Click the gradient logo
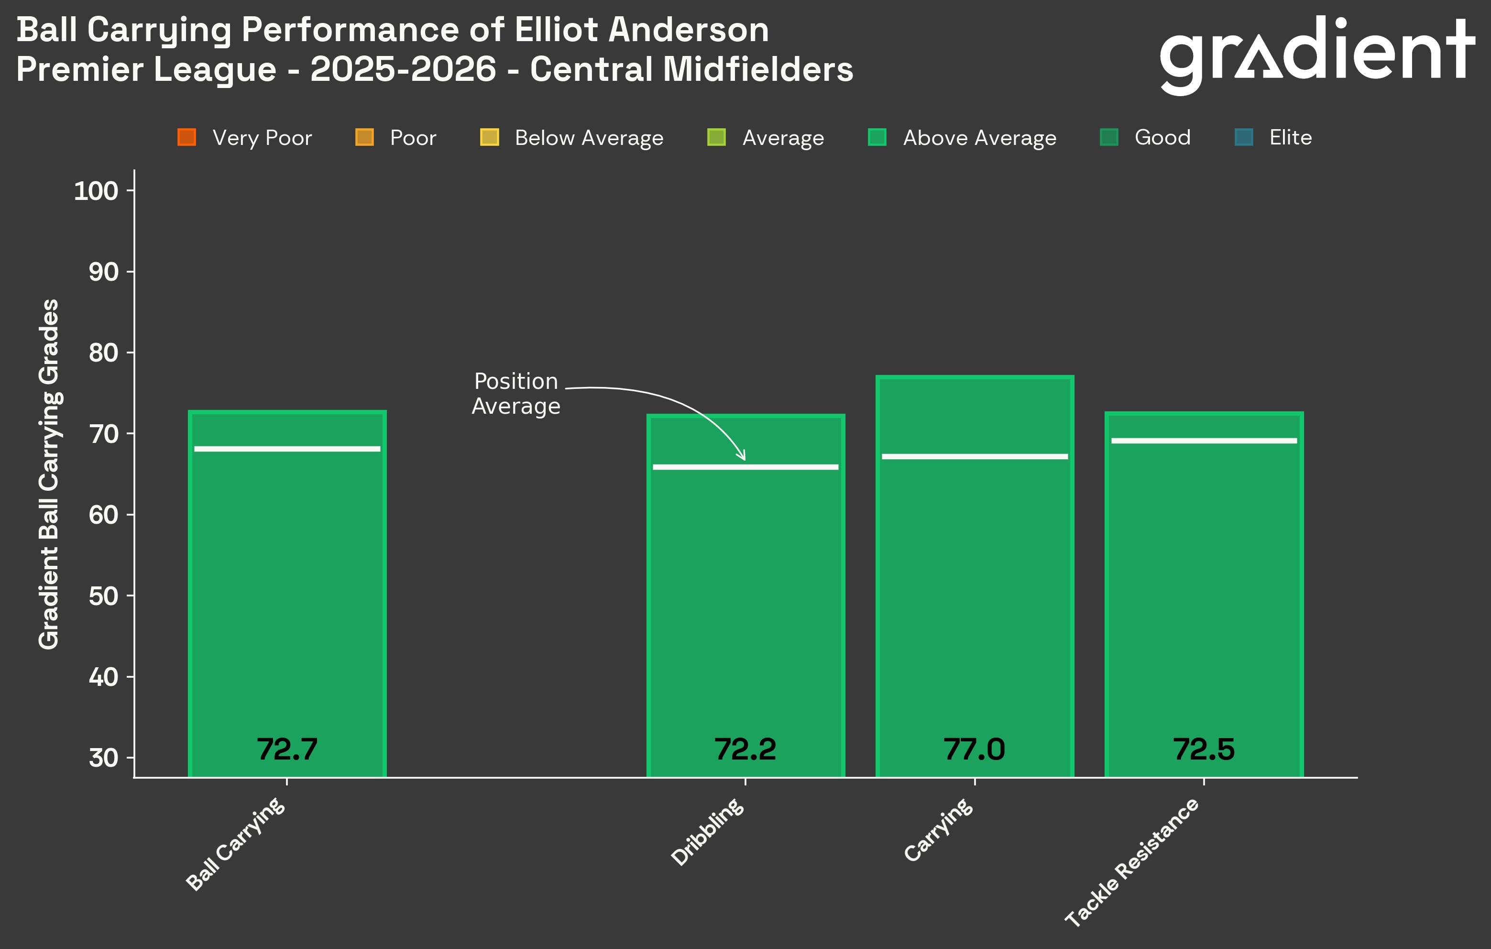1316,54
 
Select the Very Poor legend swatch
186,137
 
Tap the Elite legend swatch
1243,137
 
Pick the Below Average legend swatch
489,137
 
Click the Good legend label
1162,137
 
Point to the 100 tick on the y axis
96,191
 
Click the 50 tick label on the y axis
103,596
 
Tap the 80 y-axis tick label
103,353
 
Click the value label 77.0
974,750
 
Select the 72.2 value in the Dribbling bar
745,750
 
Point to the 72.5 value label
1204,750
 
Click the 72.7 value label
287,750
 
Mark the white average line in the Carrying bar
975,456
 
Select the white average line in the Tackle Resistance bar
1204,441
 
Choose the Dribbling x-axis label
708,831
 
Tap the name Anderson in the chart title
688,30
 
